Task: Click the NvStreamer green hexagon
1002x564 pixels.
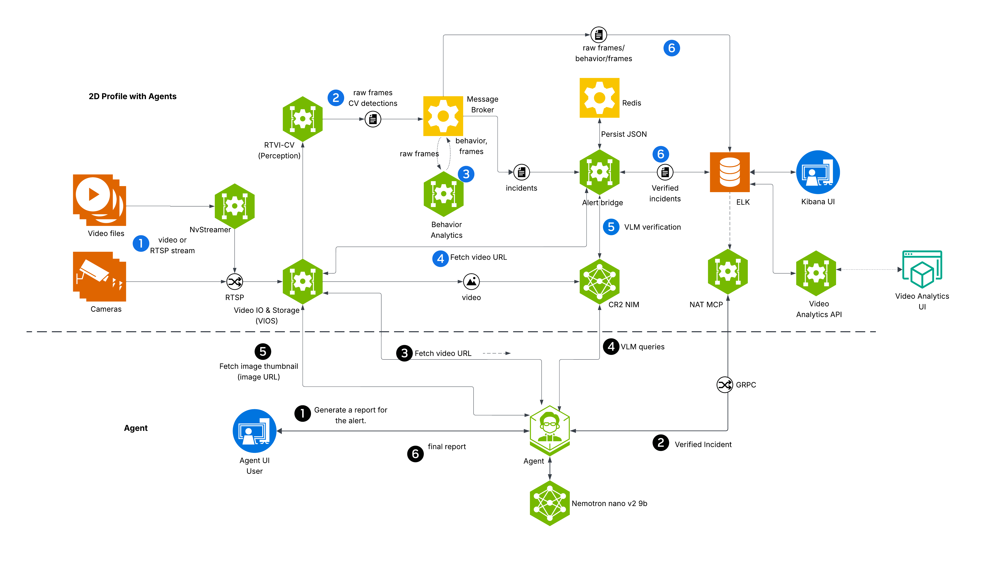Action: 235,206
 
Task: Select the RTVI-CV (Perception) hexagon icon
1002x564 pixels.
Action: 303,119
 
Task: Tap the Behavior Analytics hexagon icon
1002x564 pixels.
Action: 443,194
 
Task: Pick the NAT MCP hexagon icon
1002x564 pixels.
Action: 727,272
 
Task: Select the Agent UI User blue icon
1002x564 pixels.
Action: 254,431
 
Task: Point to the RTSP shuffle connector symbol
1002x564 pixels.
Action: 235,282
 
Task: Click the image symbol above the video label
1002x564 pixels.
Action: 471,282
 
